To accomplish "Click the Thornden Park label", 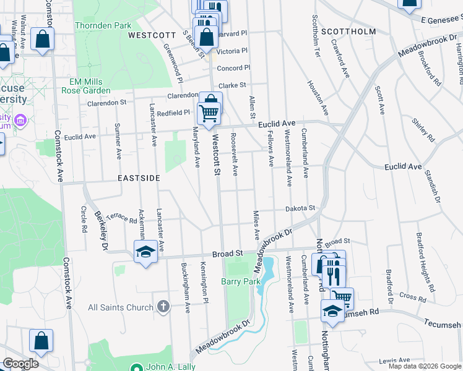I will pyautogui.click(x=103, y=25).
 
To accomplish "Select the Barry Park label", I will pyautogui.click(x=241, y=281).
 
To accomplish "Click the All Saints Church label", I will pyautogui.click(x=121, y=307).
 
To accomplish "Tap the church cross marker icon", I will pyautogui.click(x=163, y=307).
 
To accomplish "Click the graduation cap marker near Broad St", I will pyautogui.click(x=145, y=252).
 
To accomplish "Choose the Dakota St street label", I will pyautogui.click(x=300, y=208).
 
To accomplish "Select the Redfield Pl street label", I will pyautogui.click(x=173, y=113).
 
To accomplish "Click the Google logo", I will pyautogui.click(x=20, y=364).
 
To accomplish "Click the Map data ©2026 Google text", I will pyautogui.click(x=425, y=366).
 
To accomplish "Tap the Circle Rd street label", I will pyautogui.click(x=84, y=220).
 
